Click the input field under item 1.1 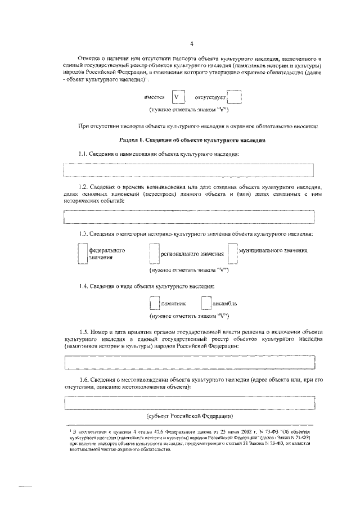188,170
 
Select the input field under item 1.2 188,217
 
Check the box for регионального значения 155,254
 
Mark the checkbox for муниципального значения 232,253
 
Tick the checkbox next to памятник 155,304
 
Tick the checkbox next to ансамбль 206,304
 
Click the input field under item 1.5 188,363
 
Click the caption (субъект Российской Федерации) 190,416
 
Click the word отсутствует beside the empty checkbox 209,97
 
